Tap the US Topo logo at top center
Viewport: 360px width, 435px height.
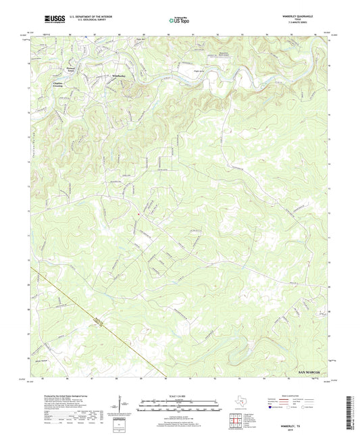(179, 21)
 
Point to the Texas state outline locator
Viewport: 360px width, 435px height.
(241, 405)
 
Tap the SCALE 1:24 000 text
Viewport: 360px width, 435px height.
(180, 396)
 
